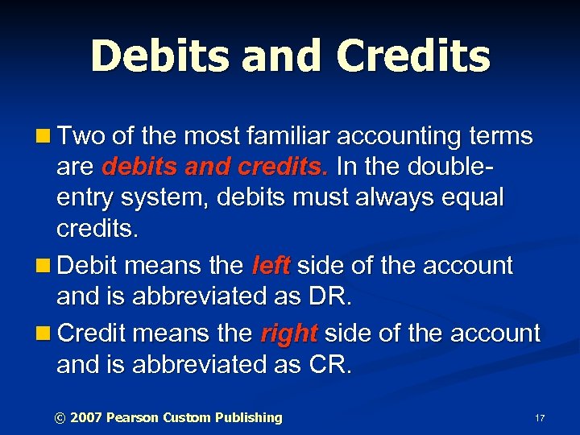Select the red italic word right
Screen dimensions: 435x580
click(288, 333)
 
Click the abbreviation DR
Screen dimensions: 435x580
click(329, 297)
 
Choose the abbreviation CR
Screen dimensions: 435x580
click(329, 365)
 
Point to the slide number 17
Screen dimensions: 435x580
click(540, 418)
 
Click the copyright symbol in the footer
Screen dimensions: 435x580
click(59, 417)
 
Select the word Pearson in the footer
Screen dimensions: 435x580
click(133, 417)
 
